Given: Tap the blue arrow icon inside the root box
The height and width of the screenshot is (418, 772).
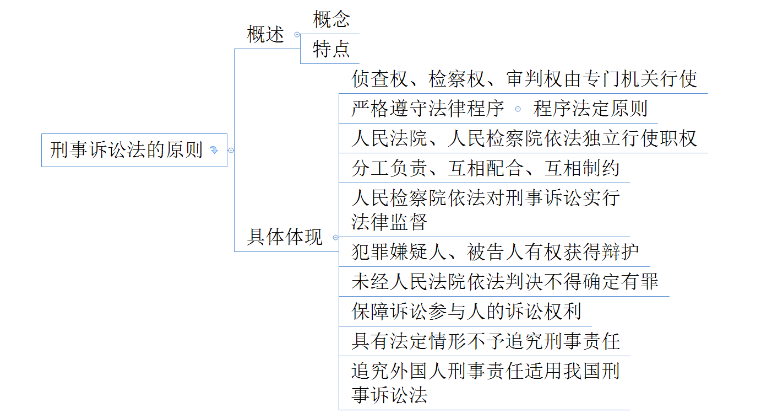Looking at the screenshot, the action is [214, 150].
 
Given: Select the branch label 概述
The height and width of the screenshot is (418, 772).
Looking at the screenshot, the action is [265, 35].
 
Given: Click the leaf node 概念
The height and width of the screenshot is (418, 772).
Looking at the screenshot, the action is [331, 19].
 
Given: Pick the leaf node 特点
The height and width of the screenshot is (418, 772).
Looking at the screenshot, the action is [331, 49].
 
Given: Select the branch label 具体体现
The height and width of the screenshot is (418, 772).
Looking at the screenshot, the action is [285, 237].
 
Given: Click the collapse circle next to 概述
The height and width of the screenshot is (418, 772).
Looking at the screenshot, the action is [297, 35].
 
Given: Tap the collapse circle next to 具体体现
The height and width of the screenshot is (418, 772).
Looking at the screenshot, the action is [336, 238].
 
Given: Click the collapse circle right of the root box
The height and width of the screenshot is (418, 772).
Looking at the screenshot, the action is [231, 150].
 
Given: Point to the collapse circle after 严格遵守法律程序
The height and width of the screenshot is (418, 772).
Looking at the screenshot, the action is [518, 109].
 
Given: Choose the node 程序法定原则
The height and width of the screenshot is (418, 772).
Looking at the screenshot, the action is [590, 109].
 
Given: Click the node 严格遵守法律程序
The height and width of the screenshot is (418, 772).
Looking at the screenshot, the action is [428, 109].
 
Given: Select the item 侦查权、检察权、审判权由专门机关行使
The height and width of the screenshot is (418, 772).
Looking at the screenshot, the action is [524, 79].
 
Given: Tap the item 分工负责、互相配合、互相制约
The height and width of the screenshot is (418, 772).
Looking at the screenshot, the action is [485, 168].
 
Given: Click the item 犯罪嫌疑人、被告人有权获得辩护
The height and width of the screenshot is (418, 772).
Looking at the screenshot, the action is [495, 252].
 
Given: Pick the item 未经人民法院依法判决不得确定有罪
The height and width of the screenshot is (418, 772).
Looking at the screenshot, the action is [505, 282].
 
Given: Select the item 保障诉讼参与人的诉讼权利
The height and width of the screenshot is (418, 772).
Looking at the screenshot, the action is [466, 312].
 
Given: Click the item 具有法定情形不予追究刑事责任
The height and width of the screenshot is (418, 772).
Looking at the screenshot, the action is [486, 341].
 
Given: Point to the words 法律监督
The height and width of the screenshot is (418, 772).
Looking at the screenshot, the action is [389, 222].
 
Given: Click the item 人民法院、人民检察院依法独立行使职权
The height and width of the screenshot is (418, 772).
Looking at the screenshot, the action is [524, 139].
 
